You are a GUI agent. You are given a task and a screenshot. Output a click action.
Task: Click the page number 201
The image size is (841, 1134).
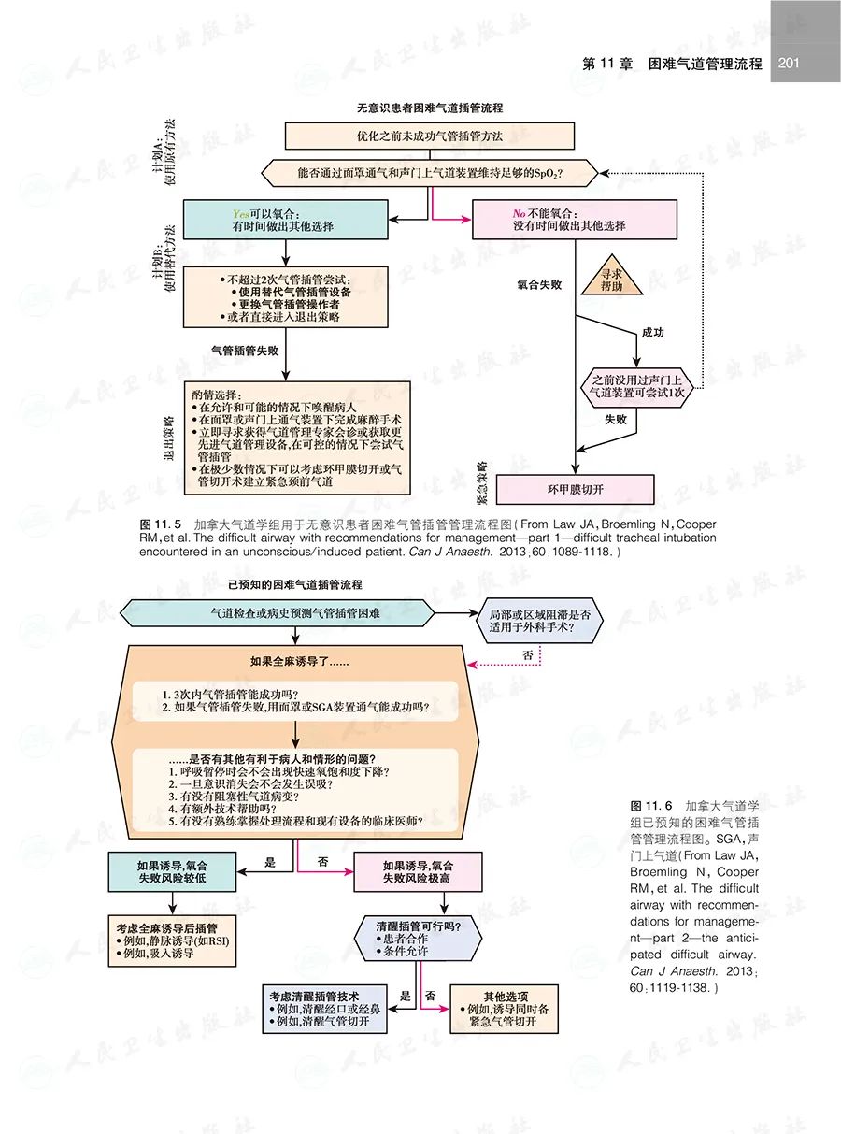coord(788,65)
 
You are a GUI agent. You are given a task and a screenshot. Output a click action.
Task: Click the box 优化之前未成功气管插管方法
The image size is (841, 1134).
coord(429,136)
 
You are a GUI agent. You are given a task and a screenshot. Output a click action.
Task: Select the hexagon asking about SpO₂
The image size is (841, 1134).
coord(429,174)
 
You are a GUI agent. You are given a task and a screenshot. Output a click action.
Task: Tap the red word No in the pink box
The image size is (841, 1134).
coord(520,213)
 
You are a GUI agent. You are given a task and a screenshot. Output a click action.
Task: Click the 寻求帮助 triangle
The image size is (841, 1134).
coord(612,281)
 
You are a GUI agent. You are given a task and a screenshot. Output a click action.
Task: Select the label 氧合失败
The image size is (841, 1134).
coord(539,283)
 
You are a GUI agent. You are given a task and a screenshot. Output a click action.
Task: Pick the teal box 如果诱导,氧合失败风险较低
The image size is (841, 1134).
coord(171,871)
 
